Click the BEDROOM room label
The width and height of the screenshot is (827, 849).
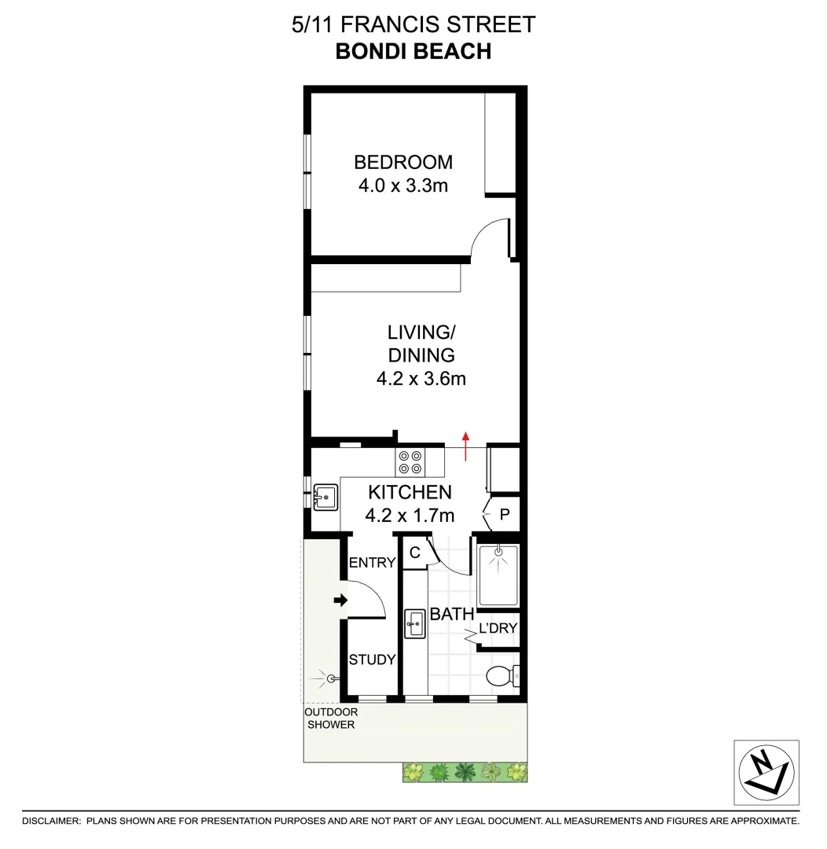[403, 163]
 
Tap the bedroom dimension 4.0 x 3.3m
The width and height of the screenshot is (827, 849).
[403, 186]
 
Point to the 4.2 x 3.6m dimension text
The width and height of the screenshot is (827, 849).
[421, 379]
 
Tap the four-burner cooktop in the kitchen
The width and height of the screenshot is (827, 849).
[410, 461]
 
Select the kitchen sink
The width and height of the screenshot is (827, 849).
[325, 498]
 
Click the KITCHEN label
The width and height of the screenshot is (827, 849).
[410, 493]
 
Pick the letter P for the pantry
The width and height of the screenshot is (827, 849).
[505, 516]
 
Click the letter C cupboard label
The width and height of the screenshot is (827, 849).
[413, 553]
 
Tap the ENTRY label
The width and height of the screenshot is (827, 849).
[372, 563]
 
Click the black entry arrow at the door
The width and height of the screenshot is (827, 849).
[340, 601]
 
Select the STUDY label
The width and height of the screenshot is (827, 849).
[372, 660]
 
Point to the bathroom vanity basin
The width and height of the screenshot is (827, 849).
[414, 625]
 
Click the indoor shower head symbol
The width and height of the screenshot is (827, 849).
[498, 555]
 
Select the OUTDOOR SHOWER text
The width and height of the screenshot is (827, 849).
[330, 719]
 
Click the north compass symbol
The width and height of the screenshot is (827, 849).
[766, 772]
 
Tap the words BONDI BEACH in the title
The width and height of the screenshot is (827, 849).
[413, 51]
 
